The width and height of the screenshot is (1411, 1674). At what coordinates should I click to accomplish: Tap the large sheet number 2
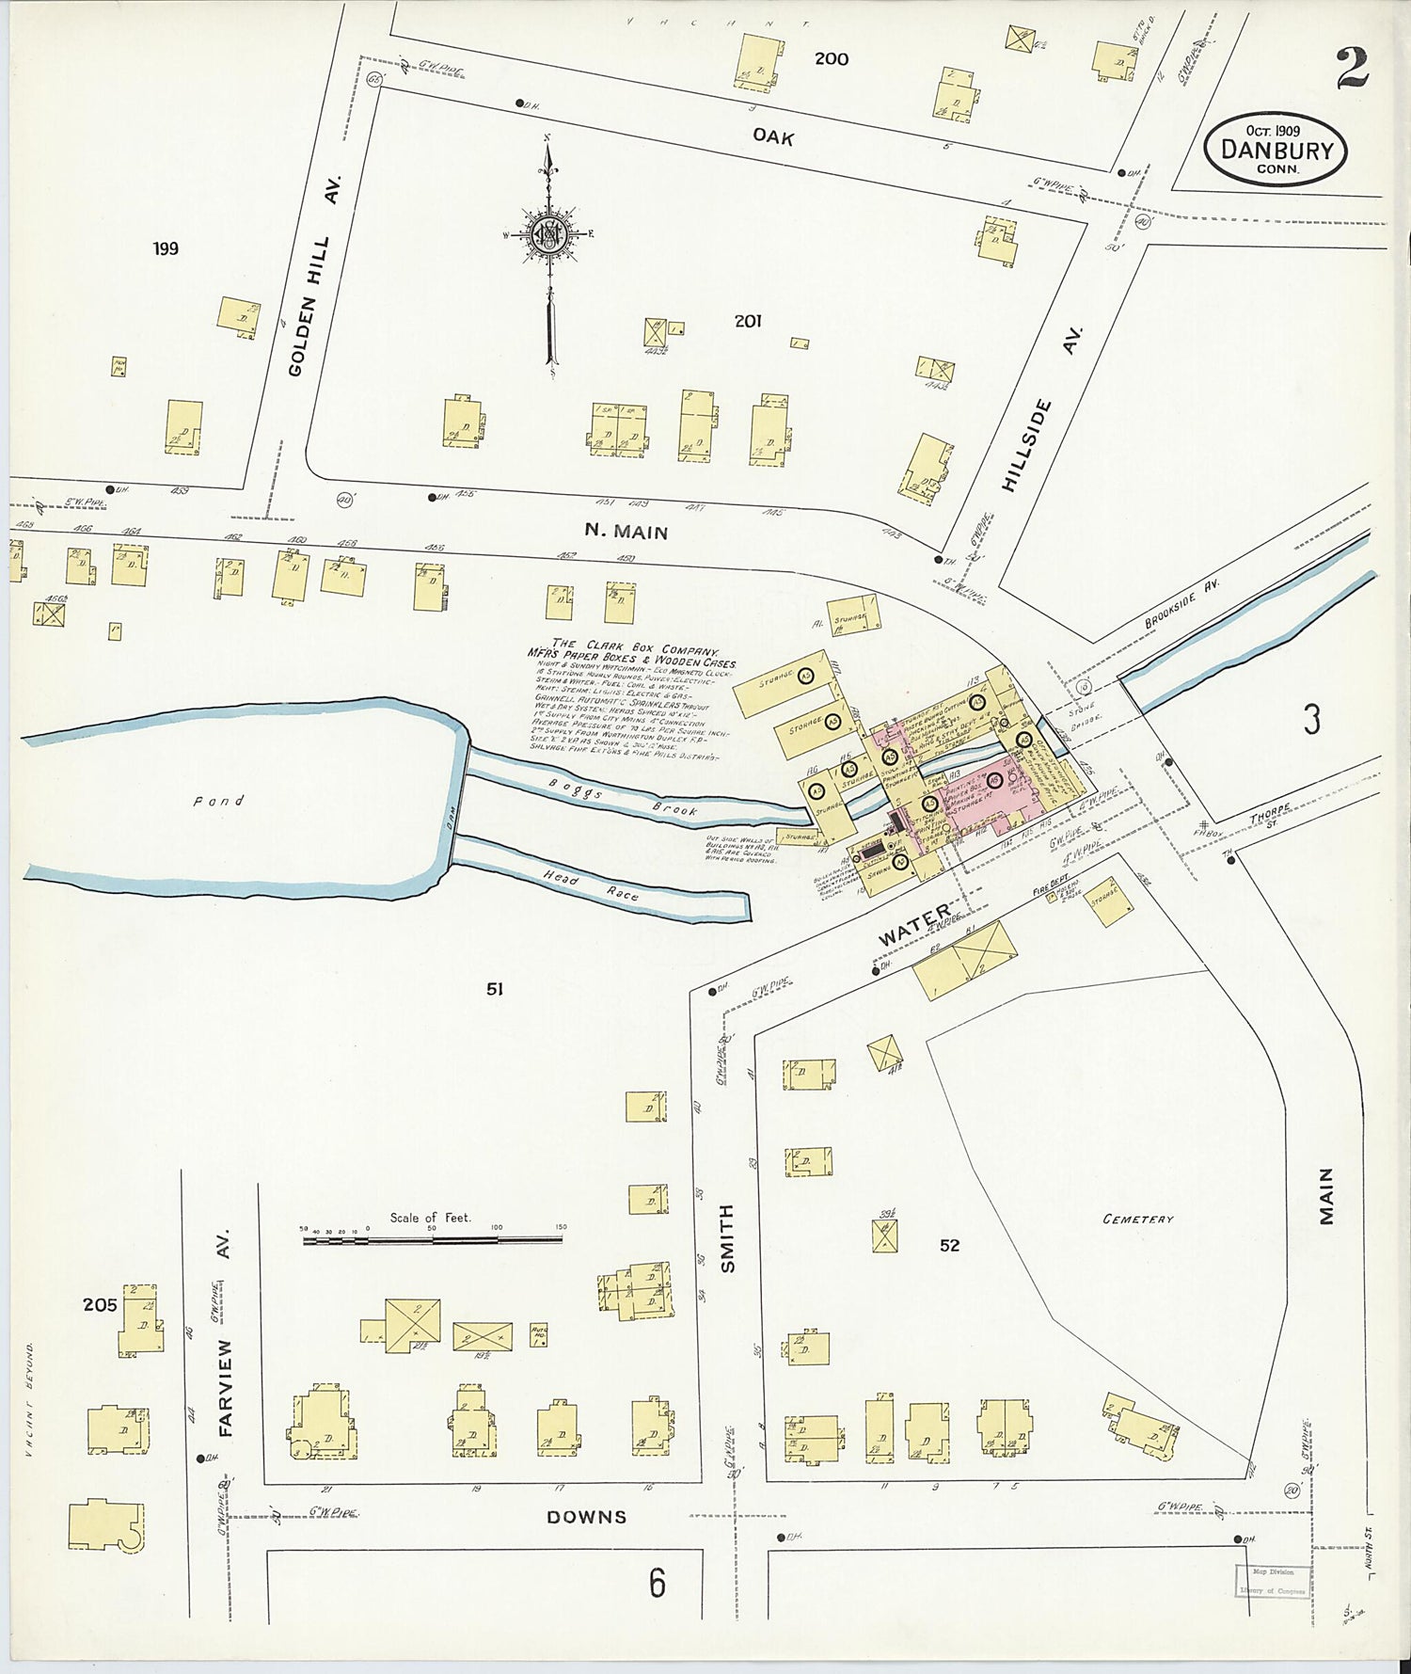pos(1352,68)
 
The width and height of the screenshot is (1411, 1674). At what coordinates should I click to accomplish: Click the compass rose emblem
pos(546,234)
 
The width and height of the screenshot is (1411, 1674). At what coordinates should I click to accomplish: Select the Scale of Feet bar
pos(433,1240)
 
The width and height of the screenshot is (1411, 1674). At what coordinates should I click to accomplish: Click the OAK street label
pos(773,137)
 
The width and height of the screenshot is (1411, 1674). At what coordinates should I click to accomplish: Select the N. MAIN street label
pos(626,532)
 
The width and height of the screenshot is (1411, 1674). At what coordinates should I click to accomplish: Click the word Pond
pos(218,801)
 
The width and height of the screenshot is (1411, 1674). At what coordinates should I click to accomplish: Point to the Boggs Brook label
pos(623,803)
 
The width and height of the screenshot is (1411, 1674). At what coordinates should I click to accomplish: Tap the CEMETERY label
pos(1138,1219)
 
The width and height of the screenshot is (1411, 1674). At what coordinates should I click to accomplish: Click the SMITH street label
pos(726,1238)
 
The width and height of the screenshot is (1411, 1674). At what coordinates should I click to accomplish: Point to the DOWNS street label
pos(587,1516)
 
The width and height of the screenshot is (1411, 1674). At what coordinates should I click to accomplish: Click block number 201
pos(748,322)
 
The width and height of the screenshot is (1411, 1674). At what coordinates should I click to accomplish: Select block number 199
pos(166,249)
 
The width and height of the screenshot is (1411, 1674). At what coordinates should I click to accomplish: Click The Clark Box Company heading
pos(636,649)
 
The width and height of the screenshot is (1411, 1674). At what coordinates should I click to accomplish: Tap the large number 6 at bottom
pos(657,1583)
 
